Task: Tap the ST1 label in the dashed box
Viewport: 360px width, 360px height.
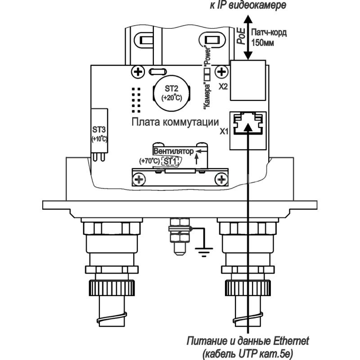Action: [170, 161]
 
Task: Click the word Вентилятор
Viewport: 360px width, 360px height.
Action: [173, 151]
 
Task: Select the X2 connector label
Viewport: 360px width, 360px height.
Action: [224, 86]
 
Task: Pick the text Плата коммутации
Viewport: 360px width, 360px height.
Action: [175, 122]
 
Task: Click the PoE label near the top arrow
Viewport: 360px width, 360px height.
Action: [241, 36]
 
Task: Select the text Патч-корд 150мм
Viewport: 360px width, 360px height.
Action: [268, 37]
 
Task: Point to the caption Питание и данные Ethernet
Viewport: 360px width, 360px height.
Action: [248, 339]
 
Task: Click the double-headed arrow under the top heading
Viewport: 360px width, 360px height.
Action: [247, 36]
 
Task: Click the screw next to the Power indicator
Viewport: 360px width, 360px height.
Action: [221, 72]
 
